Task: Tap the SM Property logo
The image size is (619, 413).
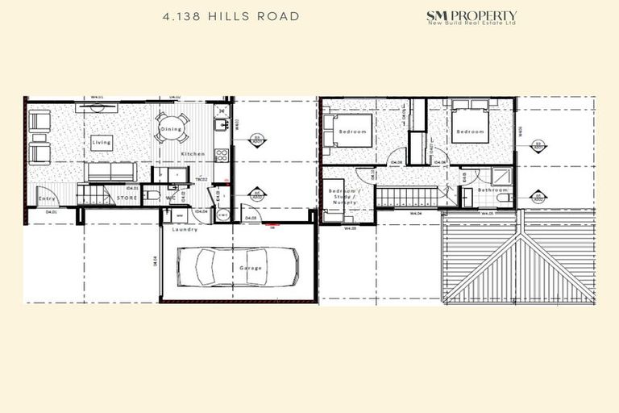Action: [x=471, y=17]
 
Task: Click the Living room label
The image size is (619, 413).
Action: [x=102, y=143]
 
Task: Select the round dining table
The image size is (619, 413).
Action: [x=172, y=127]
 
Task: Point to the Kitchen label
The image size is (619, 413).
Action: [x=192, y=153]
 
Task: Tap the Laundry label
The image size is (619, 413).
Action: [x=185, y=229]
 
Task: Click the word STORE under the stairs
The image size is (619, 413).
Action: [x=127, y=195]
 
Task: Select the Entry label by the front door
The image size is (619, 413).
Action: [x=47, y=198]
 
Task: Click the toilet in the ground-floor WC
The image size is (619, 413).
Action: [x=153, y=195]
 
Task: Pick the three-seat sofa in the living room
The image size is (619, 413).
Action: [x=110, y=172]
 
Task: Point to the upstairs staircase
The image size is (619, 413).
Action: [x=406, y=196]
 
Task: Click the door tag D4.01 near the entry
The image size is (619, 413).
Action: [x=52, y=211]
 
